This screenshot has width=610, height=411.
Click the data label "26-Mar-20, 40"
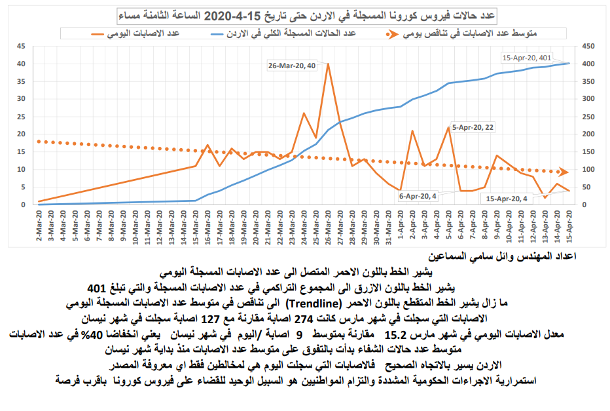pos(291,66)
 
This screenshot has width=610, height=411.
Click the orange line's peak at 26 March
pos(327,64)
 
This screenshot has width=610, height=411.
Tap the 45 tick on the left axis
pos(20,47)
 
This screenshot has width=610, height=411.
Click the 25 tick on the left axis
pos(20,117)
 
